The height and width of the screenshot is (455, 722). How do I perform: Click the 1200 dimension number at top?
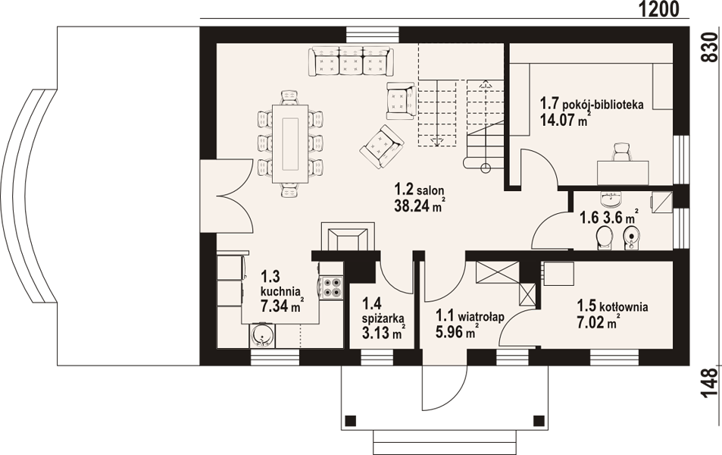(659, 9)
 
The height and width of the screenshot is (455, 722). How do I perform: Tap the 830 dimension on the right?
(711, 48)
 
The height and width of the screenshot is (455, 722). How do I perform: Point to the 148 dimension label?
(710, 382)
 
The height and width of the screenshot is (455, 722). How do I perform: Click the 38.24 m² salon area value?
(420, 206)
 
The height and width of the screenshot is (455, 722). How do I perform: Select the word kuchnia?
(281, 291)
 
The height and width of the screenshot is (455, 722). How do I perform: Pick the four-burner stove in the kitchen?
(331, 287)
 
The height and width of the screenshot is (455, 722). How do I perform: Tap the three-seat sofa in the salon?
(352, 61)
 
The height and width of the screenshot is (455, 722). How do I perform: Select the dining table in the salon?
(290, 144)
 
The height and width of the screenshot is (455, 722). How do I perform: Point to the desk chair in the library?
(621, 152)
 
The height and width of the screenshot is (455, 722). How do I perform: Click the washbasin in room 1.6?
(611, 199)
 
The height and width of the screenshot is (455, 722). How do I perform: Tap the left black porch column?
(351, 420)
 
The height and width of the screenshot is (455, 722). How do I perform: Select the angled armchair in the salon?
(382, 146)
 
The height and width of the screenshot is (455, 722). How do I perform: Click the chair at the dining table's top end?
(289, 97)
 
